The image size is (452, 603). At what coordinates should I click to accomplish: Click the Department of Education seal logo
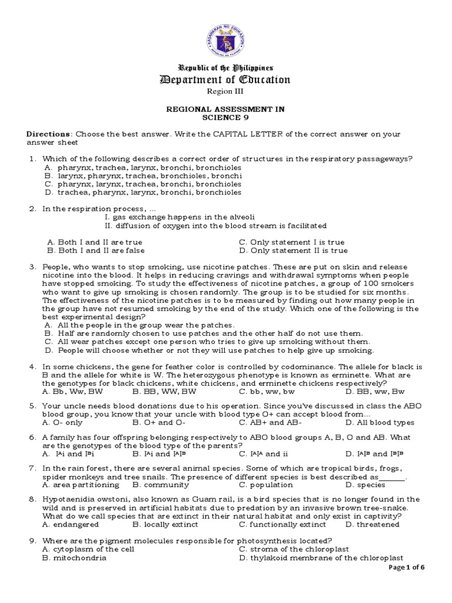[x=226, y=39]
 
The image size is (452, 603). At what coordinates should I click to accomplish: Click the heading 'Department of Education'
[x=226, y=79]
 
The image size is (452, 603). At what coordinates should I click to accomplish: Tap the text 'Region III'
[x=226, y=91]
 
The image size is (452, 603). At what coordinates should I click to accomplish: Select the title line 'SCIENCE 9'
[x=226, y=117]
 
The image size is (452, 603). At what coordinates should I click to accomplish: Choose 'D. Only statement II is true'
[x=293, y=250]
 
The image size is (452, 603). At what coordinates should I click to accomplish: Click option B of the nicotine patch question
[x=204, y=333]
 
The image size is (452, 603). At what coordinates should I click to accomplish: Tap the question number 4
[x=32, y=366]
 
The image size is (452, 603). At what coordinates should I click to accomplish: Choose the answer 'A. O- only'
[x=63, y=422]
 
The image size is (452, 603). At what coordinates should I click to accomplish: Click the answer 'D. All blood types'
[x=380, y=422]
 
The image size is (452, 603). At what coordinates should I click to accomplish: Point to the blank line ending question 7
[x=393, y=478]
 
